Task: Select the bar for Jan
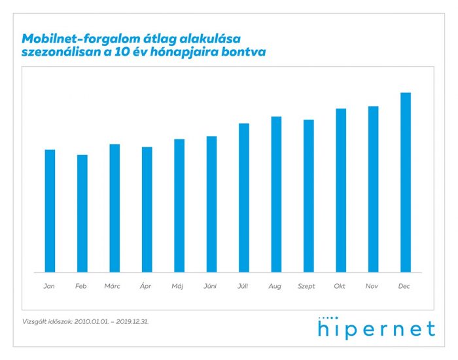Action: pyautogui.click(x=50, y=211)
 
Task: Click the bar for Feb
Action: pyautogui.click(x=82, y=213)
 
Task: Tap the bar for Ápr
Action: pyautogui.click(x=147, y=209)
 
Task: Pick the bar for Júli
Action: pyautogui.click(x=244, y=198)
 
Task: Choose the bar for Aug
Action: pyautogui.click(x=276, y=194)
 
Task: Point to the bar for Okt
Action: pyautogui.click(x=341, y=190)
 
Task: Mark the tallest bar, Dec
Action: pyautogui.click(x=406, y=182)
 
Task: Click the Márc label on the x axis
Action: pyautogui.click(x=113, y=287)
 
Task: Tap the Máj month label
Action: pyautogui.click(x=177, y=287)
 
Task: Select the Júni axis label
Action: pyautogui.click(x=210, y=287)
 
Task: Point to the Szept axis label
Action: pyautogui.click(x=307, y=287)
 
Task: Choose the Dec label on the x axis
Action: pyautogui.click(x=405, y=287)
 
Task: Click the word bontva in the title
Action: pyautogui.click(x=243, y=53)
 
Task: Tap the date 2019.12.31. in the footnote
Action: pyautogui.click(x=138, y=322)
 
